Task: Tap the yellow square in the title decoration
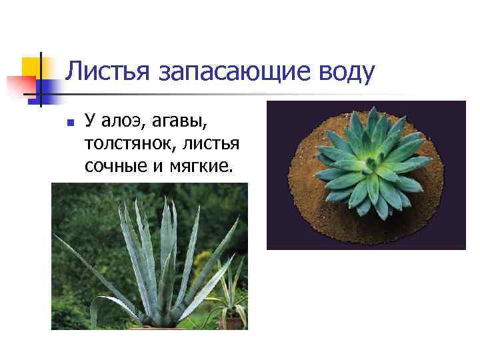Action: point(30,66)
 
